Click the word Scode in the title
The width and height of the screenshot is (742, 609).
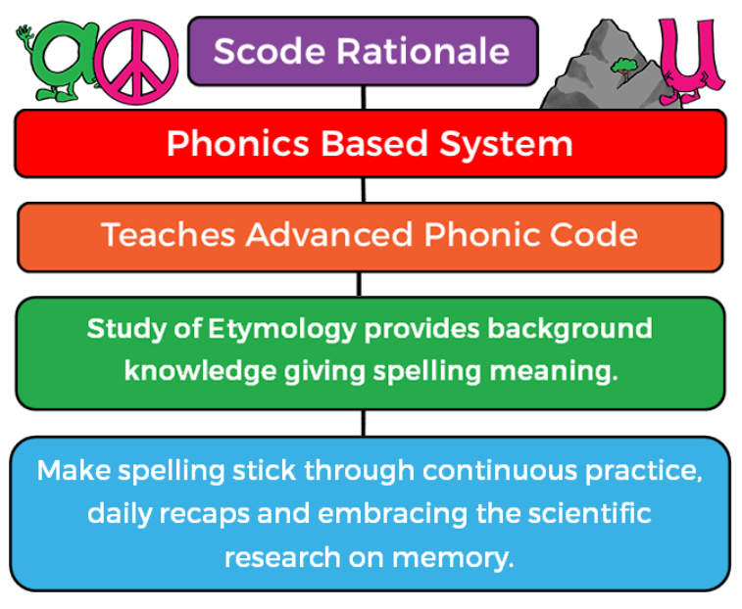[270, 51]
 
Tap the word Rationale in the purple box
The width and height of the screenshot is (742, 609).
[423, 51]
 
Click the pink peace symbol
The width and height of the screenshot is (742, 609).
[136, 62]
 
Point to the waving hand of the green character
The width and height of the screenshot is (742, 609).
[24, 34]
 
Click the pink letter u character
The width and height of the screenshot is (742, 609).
[690, 59]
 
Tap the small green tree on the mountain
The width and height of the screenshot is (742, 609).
[624, 69]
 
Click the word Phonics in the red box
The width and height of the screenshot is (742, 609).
[238, 143]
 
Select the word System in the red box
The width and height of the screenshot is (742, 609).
[506, 144]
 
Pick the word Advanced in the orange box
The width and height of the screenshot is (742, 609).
[329, 235]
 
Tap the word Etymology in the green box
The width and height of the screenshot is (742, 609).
[282, 330]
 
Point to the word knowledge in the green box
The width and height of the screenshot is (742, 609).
[200, 371]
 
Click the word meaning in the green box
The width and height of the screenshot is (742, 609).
[554, 372]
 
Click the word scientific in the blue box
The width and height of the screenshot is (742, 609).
[590, 514]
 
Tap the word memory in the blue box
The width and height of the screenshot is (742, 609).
[453, 559]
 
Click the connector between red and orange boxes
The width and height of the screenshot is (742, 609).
[363, 190]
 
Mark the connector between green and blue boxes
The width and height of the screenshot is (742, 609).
[363, 423]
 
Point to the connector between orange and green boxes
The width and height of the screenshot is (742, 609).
[359, 284]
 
